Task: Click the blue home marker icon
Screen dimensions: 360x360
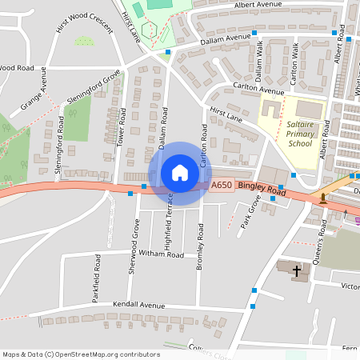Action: coord(179,173)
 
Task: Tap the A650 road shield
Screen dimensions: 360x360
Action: coord(221,186)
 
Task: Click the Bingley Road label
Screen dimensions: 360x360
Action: coord(262,190)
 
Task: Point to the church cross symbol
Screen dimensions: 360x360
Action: coord(297,271)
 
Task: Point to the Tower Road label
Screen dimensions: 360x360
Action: coord(122,126)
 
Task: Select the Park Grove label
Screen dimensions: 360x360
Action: coord(250,214)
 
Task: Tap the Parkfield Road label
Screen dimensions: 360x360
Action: coord(97,274)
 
